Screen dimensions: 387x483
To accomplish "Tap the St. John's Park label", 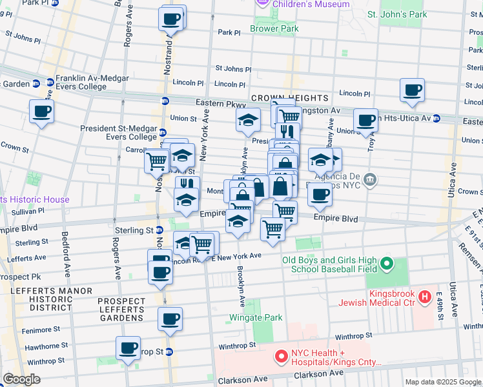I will coord(397,14).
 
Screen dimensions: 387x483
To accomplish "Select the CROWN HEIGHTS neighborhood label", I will coord(290,98).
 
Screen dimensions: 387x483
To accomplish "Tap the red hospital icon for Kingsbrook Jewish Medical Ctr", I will coord(424,297).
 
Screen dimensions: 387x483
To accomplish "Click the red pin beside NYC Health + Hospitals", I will coord(281,356).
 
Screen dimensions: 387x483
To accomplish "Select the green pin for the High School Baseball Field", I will coord(387,263).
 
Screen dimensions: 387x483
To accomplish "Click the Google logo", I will coord(21,379).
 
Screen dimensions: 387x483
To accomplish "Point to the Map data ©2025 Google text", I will coord(442,382).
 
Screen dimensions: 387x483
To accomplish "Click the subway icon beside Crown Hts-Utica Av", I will coord(437,119).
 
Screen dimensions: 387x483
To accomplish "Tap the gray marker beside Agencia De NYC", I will coord(369,178).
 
